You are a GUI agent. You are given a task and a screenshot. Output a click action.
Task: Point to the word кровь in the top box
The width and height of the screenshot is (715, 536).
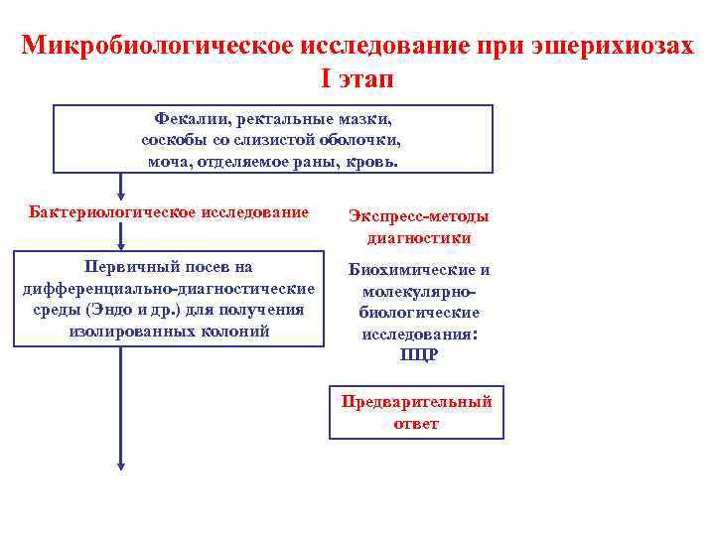[x=373, y=161]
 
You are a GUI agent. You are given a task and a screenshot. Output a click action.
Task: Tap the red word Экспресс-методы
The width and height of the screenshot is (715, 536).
[x=417, y=217]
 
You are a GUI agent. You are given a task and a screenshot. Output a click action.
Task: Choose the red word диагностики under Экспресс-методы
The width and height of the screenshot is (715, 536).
[x=418, y=238]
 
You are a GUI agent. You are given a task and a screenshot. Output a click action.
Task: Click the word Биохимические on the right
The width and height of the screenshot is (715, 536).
[x=418, y=270]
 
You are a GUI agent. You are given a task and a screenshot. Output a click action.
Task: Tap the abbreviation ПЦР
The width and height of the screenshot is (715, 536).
[x=418, y=355]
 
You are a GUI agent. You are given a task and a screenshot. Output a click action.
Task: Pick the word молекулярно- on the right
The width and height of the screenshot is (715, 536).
[x=418, y=292]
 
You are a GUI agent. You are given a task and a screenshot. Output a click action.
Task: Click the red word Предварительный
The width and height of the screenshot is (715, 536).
[x=417, y=402]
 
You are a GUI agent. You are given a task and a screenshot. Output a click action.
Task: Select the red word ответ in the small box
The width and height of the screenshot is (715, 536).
[x=417, y=423]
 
